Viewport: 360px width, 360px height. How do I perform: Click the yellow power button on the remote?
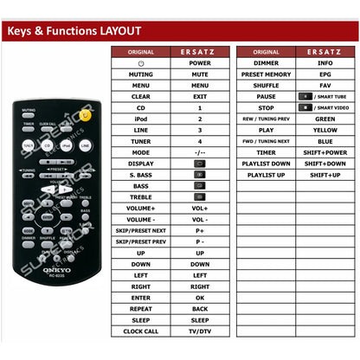click(x=85, y=114)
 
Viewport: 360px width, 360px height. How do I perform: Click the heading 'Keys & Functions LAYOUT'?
click(x=74, y=32)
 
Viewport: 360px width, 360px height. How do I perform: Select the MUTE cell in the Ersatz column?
click(x=200, y=74)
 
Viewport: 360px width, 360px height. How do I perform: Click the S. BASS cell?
click(x=141, y=174)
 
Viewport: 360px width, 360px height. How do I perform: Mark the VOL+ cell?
click(x=200, y=208)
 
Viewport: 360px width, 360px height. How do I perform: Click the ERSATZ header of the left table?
click(x=200, y=52)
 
